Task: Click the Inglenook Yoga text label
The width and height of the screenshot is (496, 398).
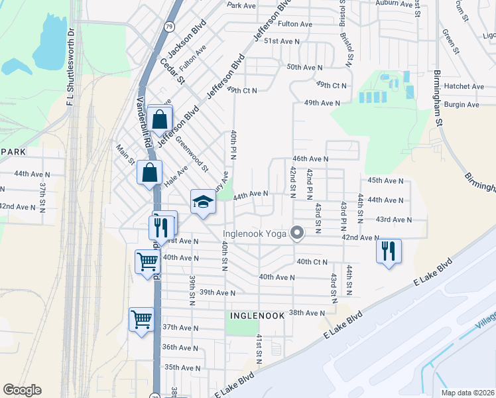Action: (254, 233)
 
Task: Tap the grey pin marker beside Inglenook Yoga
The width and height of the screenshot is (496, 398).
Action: (297, 233)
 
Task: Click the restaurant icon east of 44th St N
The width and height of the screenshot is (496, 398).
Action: (389, 251)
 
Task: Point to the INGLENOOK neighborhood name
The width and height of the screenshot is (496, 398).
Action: (257, 316)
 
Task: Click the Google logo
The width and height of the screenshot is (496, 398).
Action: (22, 390)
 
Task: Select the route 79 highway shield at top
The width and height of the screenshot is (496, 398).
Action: (170, 27)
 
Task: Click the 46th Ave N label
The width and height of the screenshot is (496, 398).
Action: (311, 159)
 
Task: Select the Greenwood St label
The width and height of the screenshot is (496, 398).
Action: (192, 153)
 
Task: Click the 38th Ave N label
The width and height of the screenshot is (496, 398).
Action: (306, 312)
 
